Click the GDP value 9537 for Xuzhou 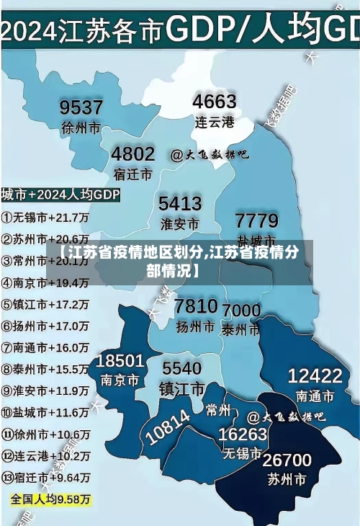(81, 108)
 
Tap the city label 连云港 (215, 122)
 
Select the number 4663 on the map (215, 101)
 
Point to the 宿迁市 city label (132, 174)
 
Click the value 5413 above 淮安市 (180, 203)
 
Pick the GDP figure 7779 (257, 220)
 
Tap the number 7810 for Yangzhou (196, 306)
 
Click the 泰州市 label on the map (241, 330)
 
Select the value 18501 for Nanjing (120, 360)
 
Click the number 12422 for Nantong (315, 375)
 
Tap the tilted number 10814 (168, 426)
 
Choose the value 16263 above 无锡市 (243, 434)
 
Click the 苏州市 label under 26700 (287, 479)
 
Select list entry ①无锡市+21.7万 (45, 216)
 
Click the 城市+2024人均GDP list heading (60, 195)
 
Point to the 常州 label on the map (217, 410)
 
